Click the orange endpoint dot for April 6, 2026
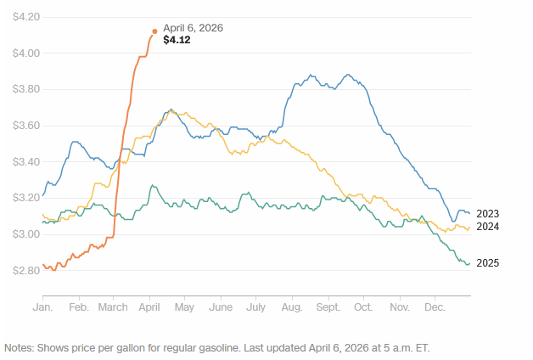[154, 31]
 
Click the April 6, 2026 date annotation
[193, 28]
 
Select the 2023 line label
[487, 214]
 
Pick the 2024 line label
[487, 227]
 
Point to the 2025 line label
[487, 263]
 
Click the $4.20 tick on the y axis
[23, 17]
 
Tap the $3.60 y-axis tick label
[23, 126]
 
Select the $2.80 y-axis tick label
[23, 271]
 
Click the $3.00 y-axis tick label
[23, 234]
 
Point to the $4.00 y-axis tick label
[23, 53]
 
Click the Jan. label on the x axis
[42, 306]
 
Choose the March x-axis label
[114, 306]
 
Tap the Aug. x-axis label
[291, 306]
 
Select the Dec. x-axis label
[435, 306]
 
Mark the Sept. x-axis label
[328, 306]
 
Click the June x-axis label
[221, 306]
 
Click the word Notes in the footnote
[20, 348]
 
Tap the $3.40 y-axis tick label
[23, 162]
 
